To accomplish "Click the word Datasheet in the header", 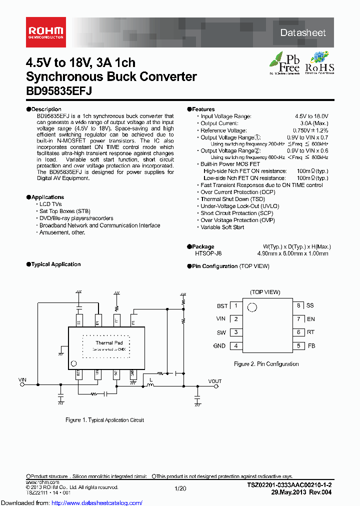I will pos(302,32).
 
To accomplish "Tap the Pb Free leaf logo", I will pos(285,63).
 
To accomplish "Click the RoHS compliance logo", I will pos(319,63).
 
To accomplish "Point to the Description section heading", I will pos(45,109).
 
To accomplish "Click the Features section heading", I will pos(203,109).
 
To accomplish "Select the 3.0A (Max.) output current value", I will pos(314,123).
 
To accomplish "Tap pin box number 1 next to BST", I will pos(235,305).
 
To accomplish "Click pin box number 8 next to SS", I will pos(298,305).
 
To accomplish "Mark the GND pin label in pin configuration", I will pos(219,346).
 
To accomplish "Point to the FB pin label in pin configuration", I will pos(311,346).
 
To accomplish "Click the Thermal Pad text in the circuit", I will pos(109,343).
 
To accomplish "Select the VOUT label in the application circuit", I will pos(215,381).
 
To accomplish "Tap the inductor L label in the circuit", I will pos(149,378).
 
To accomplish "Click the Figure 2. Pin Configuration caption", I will pos(266,364).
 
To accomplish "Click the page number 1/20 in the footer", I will pos(181,488).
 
